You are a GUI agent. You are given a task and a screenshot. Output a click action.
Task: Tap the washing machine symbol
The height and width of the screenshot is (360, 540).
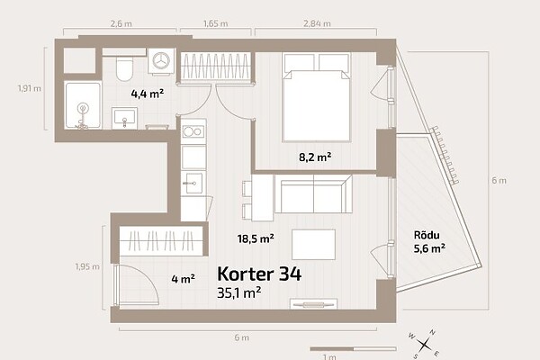[161, 60]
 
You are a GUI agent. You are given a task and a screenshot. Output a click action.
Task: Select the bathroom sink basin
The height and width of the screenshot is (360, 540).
[124, 118]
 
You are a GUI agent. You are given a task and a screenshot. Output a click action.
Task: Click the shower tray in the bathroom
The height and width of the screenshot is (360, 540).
[83, 104]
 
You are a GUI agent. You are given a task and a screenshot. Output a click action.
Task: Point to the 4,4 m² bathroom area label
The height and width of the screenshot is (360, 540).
[147, 94]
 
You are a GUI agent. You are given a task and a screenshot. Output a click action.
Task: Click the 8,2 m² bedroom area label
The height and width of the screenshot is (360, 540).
[315, 157]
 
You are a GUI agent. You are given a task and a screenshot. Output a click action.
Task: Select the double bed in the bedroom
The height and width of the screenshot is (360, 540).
[316, 97]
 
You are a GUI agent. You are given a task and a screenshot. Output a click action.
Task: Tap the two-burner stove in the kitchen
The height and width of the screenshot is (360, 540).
[193, 131]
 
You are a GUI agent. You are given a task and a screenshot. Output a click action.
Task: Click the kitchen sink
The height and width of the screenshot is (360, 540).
[193, 183]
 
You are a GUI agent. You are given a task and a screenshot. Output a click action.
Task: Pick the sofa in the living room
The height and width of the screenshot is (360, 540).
[313, 193]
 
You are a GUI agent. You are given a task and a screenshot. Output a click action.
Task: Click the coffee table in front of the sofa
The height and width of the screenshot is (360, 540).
[313, 245]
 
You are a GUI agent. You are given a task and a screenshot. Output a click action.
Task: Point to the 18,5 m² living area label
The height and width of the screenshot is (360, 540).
[256, 238]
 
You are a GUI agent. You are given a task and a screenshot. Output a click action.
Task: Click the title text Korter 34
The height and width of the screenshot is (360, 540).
[259, 274]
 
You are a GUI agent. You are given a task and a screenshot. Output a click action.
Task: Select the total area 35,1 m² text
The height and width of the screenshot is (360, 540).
[238, 292]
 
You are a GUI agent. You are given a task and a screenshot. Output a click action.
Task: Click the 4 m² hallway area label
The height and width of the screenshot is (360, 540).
[184, 278]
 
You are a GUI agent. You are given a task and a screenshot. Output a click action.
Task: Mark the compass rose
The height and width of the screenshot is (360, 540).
[424, 344]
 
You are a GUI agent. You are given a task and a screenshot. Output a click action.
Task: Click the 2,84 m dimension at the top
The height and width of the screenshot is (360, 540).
[317, 23]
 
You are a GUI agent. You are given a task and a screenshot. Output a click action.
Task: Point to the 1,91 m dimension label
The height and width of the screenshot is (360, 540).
[30, 88]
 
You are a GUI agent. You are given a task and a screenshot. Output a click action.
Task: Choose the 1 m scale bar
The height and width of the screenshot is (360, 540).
[353, 349]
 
